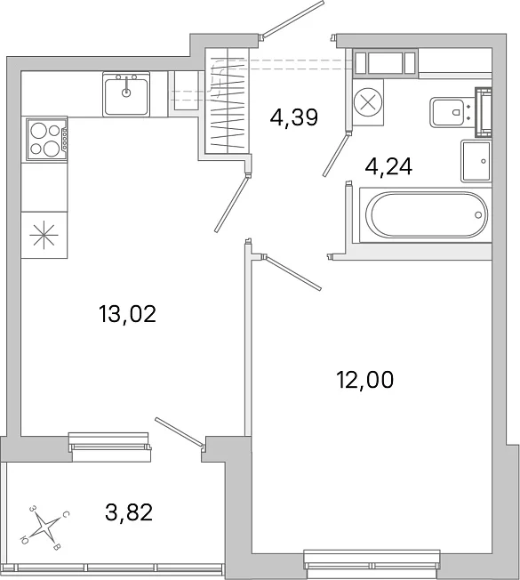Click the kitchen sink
coord(126,94)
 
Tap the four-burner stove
coord(47,139)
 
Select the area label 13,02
coord(127,314)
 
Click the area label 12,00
coord(364,380)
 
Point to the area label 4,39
coord(294,117)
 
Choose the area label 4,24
coord(388,166)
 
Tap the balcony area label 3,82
coord(129,512)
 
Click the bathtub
coord(426,215)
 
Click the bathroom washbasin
coord(476,161)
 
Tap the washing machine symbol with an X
coord(368,102)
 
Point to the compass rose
coord(44,527)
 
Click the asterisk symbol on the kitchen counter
coord(44,235)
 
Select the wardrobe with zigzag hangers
coord(228,101)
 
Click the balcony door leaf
coord(180,431)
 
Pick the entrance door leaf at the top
coord(292,19)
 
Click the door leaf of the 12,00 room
coord(292,273)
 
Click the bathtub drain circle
coord(478,215)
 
